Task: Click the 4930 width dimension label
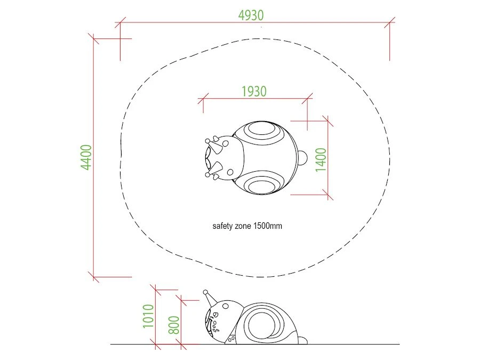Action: pos(251,15)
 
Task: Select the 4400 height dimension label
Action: pos(86,157)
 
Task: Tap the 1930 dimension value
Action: pos(254,91)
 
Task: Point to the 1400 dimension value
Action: pos(321,159)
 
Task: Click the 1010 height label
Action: pos(148,316)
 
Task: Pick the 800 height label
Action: pos(174,325)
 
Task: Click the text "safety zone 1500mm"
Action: pos(247,226)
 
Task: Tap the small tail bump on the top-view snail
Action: pos(302,158)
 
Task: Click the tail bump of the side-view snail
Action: pos(303,340)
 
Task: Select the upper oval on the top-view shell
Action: pos(261,129)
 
